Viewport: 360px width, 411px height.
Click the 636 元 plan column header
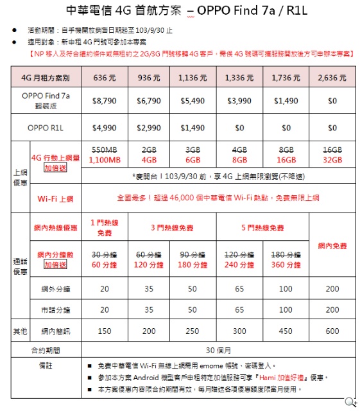(x=105, y=78)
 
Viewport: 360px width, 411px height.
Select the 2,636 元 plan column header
(x=332, y=78)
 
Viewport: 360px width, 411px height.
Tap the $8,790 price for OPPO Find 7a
(x=105, y=101)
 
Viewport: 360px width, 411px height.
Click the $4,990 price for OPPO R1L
(x=105, y=128)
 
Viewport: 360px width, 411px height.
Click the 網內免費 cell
(x=332, y=245)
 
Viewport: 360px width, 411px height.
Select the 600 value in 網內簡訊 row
(x=332, y=331)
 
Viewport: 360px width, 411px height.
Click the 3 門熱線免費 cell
(x=171, y=227)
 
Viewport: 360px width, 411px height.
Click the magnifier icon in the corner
(x=350, y=402)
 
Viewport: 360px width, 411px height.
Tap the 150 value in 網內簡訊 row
(x=105, y=331)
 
